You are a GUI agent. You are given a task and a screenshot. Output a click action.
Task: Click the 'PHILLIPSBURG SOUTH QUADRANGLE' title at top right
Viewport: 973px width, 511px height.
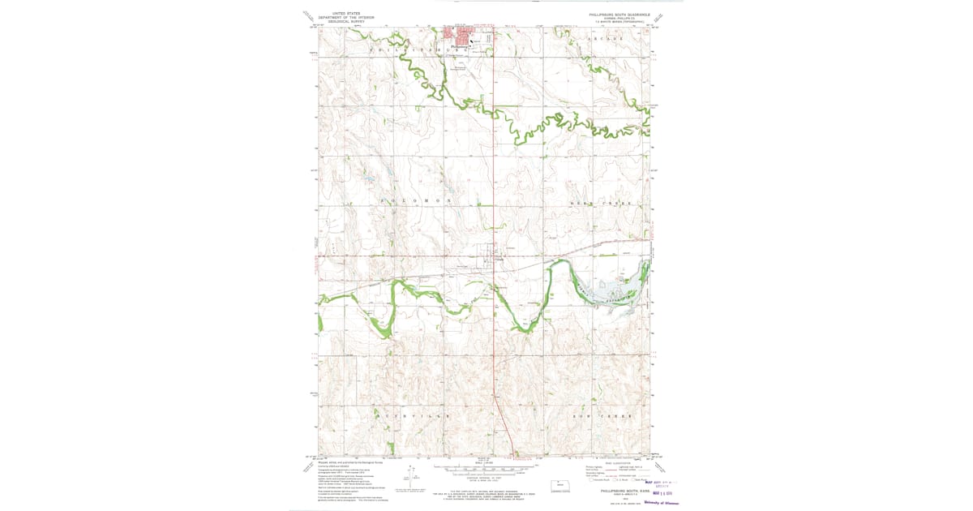tap(619, 14)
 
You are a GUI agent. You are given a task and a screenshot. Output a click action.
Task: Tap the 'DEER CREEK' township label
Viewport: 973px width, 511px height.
tap(613, 203)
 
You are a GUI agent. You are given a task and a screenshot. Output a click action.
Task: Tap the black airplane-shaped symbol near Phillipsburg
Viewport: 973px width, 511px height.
tap(474, 38)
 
